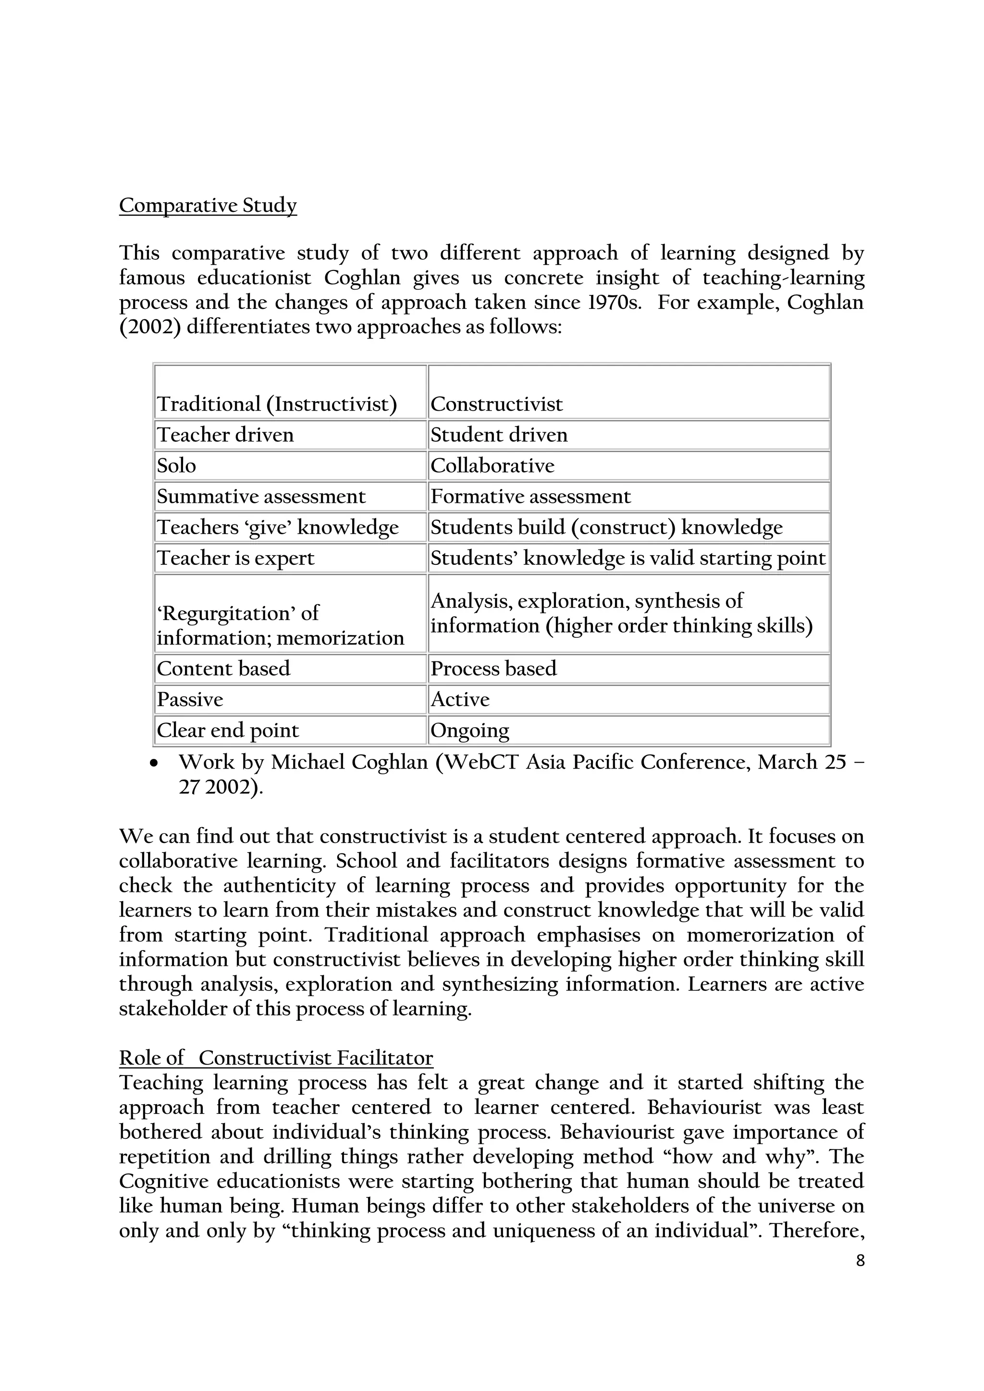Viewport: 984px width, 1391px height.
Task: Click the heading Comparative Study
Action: pyautogui.click(x=208, y=206)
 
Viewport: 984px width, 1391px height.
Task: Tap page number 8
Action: pyautogui.click(x=861, y=1261)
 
